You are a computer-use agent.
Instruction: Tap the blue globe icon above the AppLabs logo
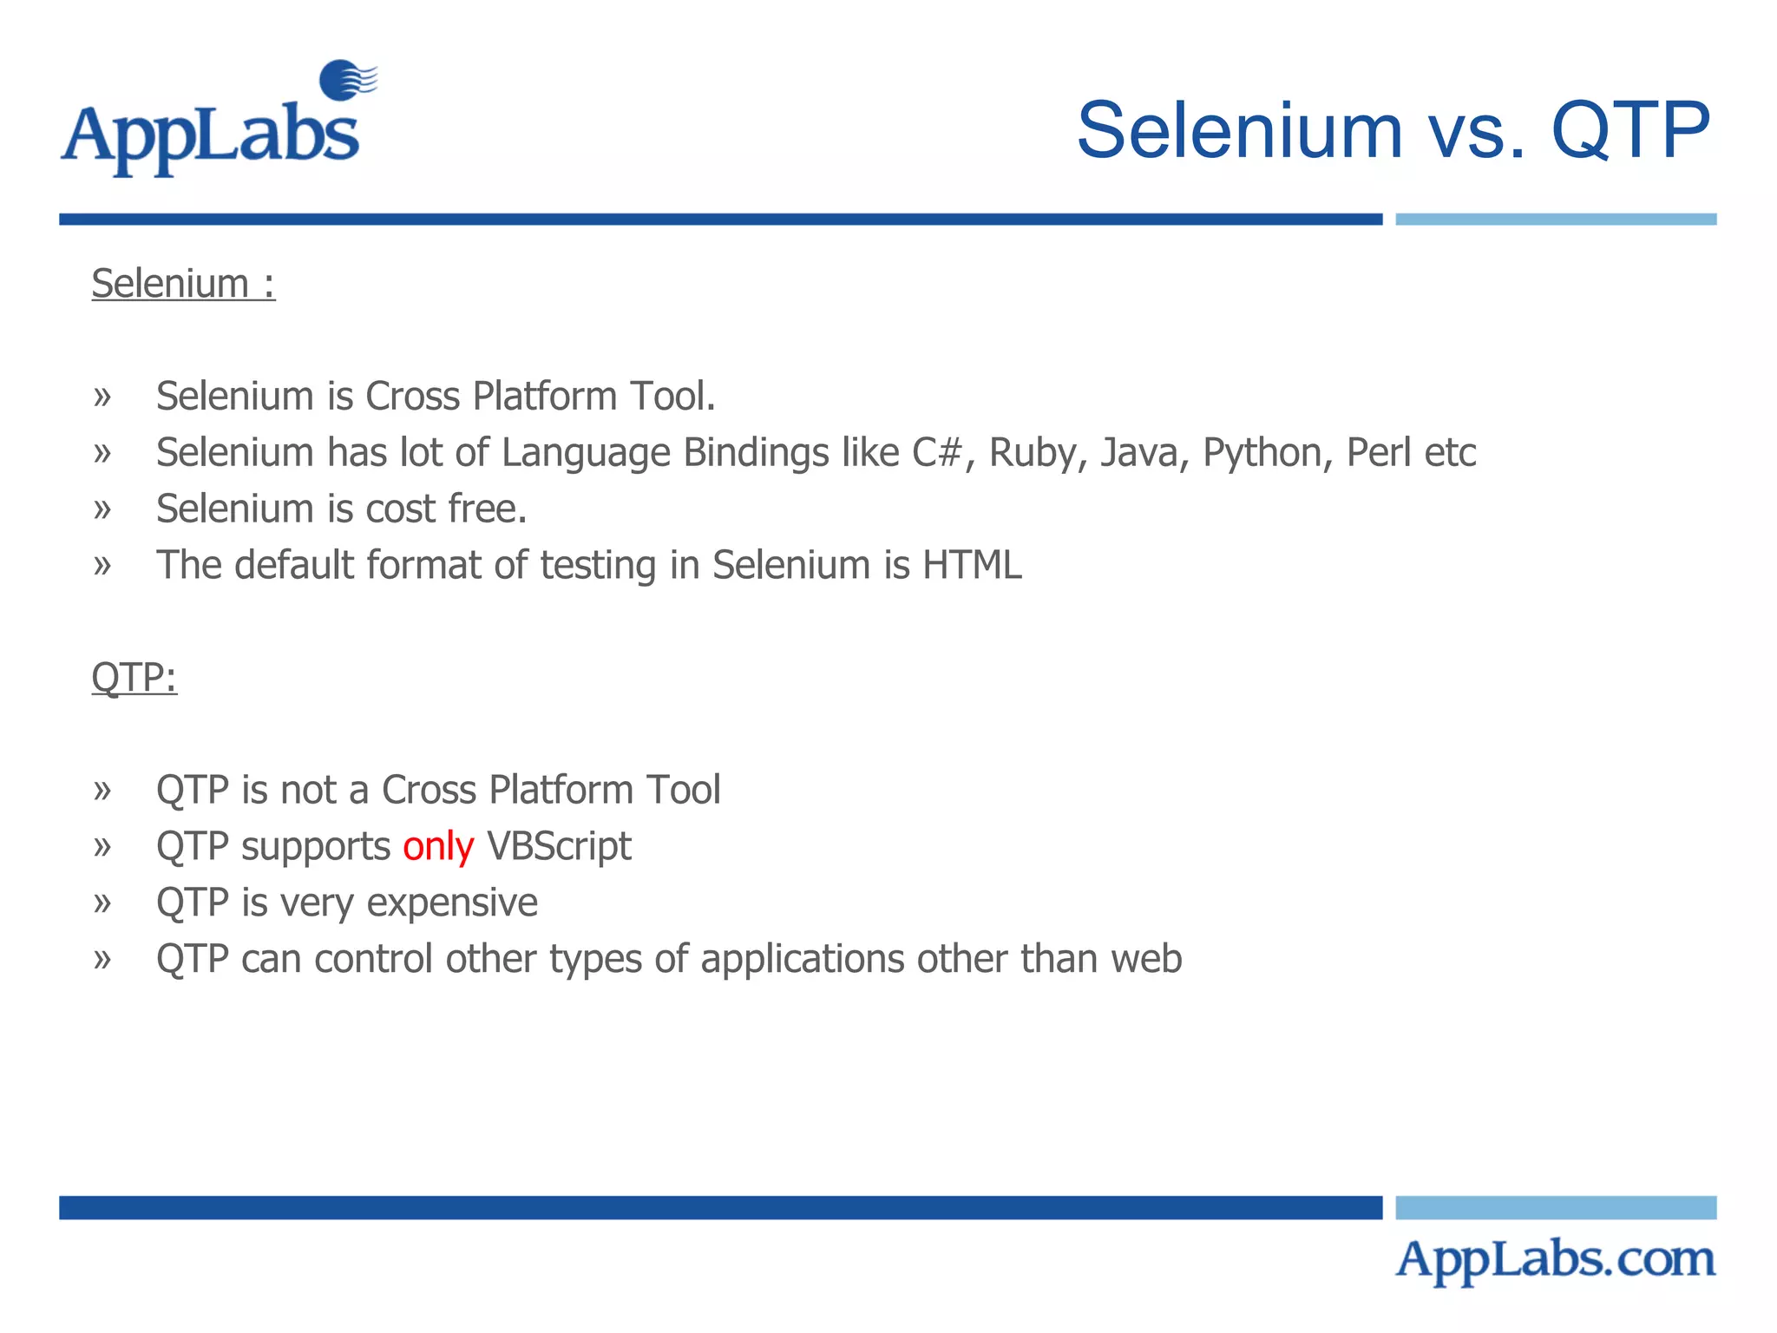(x=344, y=80)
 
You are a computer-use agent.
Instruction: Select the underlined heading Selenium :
(x=183, y=284)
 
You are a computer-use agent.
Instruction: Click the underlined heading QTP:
(x=134, y=677)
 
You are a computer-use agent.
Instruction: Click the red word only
(x=438, y=846)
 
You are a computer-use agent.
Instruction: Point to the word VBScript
(x=559, y=846)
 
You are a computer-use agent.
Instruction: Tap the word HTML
(x=972, y=565)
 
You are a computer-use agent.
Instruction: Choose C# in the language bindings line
(x=937, y=452)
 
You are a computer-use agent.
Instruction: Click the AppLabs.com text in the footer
(x=1555, y=1260)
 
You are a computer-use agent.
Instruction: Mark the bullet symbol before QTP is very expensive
(x=102, y=903)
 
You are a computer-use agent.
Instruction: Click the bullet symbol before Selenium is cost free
(x=102, y=509)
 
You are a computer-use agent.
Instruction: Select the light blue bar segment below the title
(x=1555, y=220)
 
